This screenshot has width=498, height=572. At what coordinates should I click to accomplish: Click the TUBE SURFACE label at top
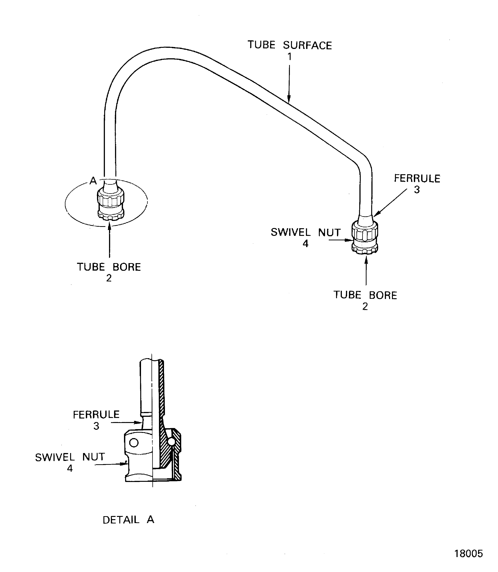pos(289,45)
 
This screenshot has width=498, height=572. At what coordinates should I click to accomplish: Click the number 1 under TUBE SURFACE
pos(289,57)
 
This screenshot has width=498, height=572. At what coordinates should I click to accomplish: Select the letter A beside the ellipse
pos(93,181)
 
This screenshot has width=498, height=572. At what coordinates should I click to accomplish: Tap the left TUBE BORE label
pos(109,267)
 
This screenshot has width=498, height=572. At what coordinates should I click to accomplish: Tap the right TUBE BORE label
pos(365,295)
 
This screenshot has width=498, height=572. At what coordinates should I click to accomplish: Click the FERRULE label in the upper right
pos(417,179)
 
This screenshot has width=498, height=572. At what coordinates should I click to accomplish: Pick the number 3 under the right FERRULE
pos(417,190)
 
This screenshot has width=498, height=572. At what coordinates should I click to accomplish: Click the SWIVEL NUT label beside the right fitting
pos(305,232)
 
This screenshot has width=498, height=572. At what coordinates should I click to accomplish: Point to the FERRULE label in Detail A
pos(96,415)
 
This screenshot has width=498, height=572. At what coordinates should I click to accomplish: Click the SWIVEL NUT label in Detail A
pos(70,457)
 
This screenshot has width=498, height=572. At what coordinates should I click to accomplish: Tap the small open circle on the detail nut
pos(134,443)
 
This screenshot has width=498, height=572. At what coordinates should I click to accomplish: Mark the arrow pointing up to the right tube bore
pos(366,271)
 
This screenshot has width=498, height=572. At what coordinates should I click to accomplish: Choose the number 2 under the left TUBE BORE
pos(109,278)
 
